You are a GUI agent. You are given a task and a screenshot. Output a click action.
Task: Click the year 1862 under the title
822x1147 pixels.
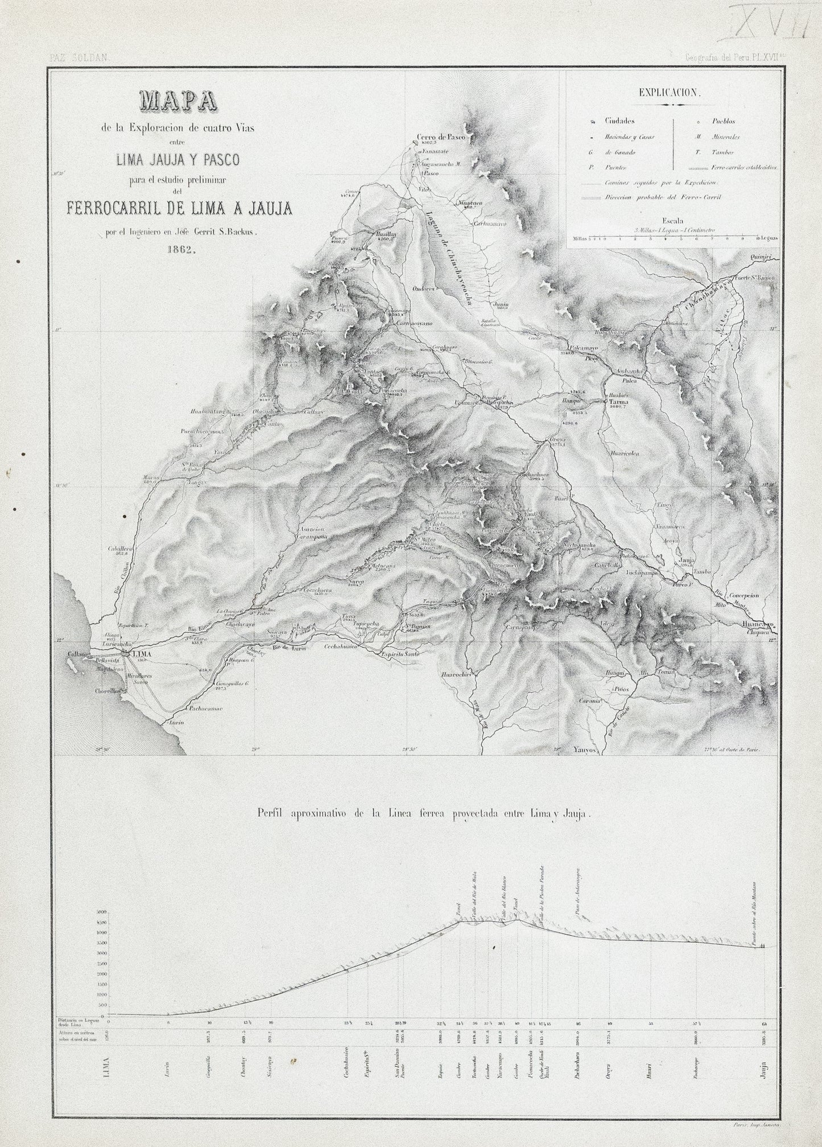click(179, 248)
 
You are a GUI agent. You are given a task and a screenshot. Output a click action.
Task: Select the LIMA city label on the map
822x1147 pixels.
click(142, 655)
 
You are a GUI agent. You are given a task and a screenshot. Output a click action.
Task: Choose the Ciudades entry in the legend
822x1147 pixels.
click(620, 121)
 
